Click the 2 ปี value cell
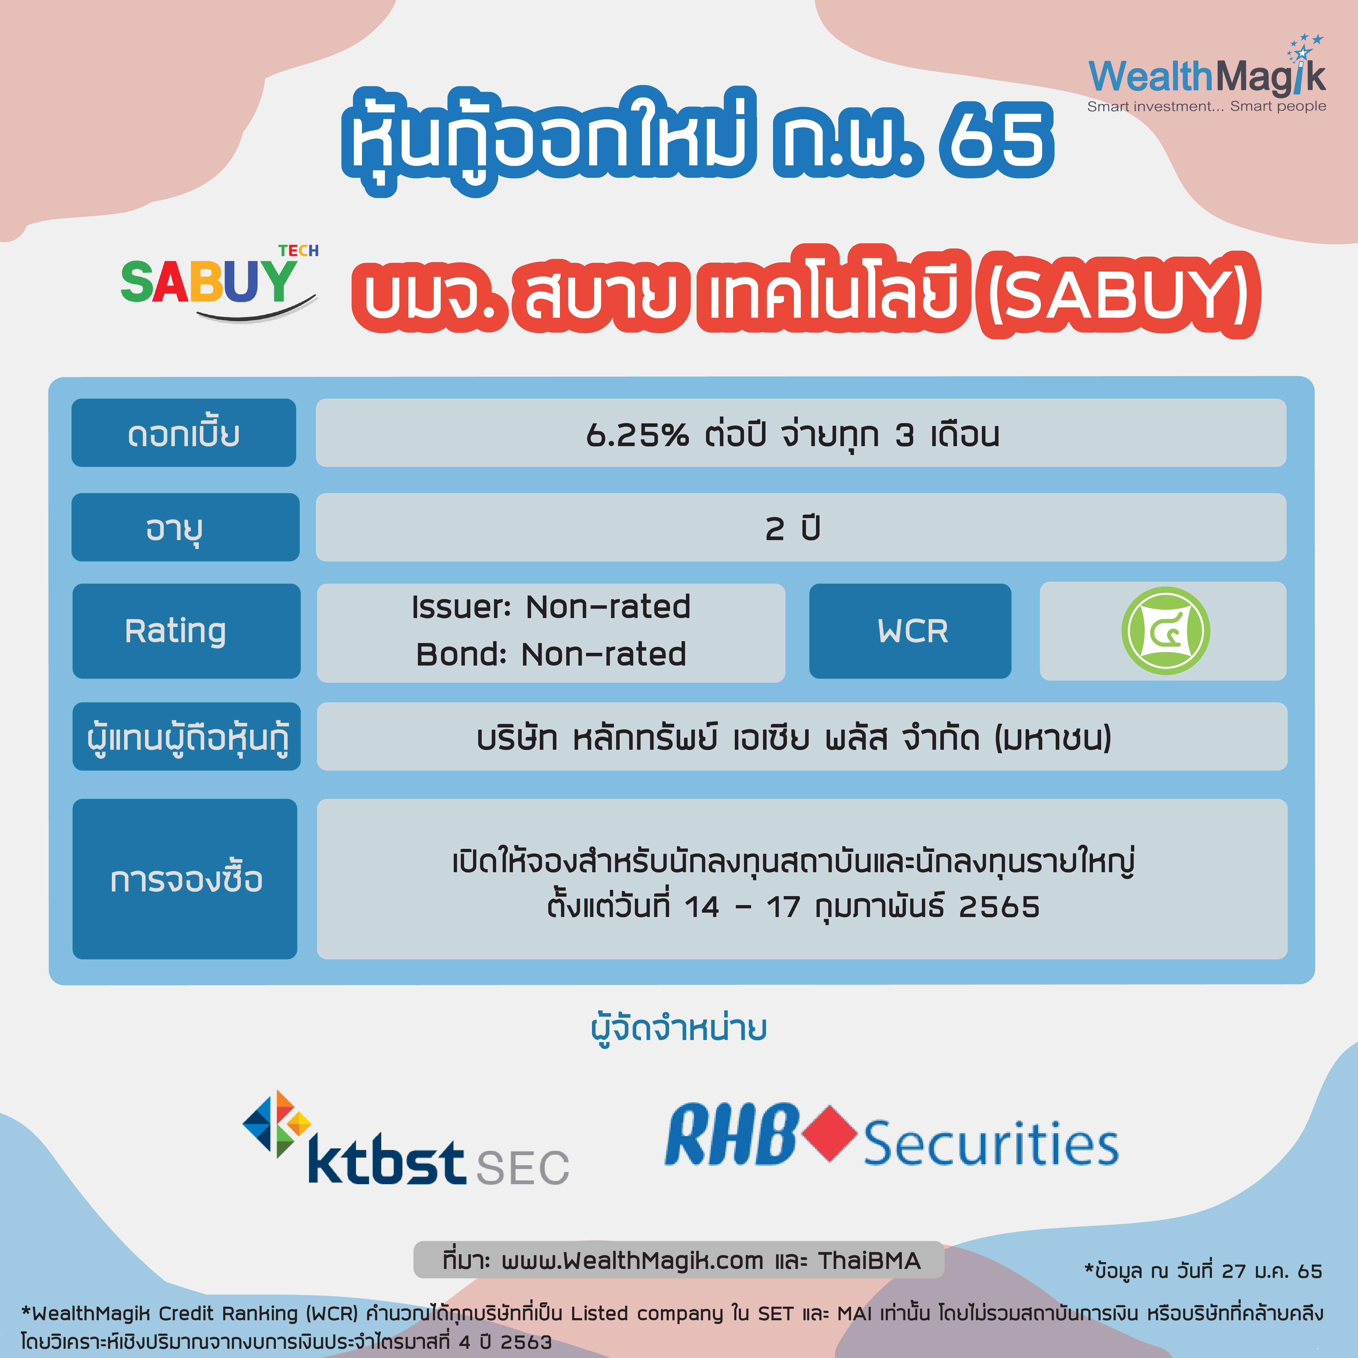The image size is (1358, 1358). click(801, 527)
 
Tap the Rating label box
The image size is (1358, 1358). click(186, 631)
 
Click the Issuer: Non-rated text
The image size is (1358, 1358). click(551, 607)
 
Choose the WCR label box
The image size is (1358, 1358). click(910, 631)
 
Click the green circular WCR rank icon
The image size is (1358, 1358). click(1165, 631)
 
